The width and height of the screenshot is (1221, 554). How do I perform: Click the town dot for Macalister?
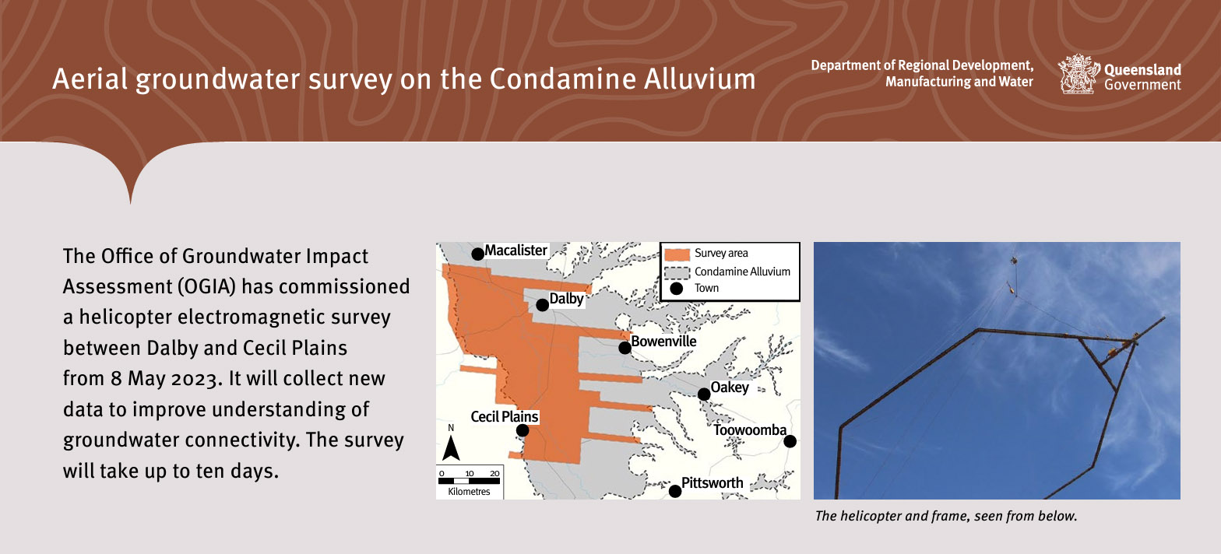click(x=477, y=254)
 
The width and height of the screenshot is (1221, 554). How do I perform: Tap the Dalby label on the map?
click(x=566, y=299)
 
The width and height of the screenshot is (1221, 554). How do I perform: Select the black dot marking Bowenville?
click(x=625, y=348)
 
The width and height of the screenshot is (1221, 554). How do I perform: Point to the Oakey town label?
click(x=730, y=387)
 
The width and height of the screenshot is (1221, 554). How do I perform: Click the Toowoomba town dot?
click(x=790, y=441)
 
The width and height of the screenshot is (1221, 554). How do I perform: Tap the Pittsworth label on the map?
click(x=712, y=482)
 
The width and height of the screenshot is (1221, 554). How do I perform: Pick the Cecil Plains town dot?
click(x=523, y=430)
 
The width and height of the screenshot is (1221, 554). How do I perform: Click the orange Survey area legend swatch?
click(x=677, y=254)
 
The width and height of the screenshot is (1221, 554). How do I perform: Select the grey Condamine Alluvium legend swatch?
click(x=677, y=272)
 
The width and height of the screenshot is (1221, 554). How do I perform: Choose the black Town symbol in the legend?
click(x=677, y=289)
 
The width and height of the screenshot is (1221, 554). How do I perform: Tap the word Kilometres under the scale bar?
click(x=469, y=491)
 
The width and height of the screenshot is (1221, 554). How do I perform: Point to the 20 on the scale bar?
click(x=494, y=473)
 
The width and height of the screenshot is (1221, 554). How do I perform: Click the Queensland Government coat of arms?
click(x=1078, y=74)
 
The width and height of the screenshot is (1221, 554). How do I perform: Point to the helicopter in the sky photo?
click(x=1014, y=261)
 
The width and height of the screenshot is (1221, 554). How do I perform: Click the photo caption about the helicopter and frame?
click(x=945, y=516)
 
